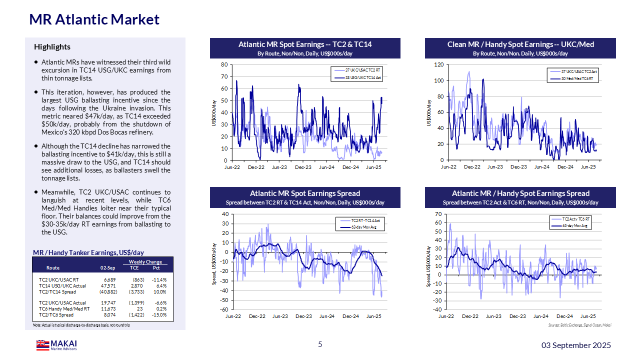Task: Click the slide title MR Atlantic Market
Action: (x=94, y=19)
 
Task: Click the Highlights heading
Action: (x=52, y=47)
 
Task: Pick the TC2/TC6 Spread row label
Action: (x=56, y=315)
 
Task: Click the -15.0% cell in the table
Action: (x=160, y=315)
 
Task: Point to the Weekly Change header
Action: (x=145, y=262)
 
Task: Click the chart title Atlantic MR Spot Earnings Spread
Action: (x=305, y=193)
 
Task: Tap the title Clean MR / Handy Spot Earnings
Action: (x=520, y=44)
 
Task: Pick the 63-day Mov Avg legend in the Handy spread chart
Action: (x=577, y=226)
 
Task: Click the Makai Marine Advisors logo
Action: (x=56, y=345)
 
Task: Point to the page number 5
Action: (x=320, y=344)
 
